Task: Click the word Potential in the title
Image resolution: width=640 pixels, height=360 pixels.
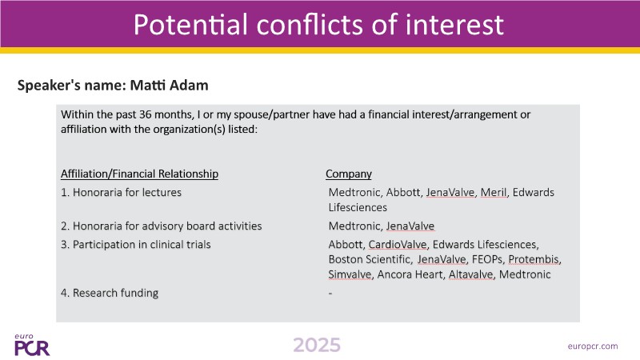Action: [x=190, y=24]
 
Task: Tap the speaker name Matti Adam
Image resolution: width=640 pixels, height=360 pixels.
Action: [x=169, y=86]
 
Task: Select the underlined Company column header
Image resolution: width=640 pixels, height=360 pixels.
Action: [x=349, y=174]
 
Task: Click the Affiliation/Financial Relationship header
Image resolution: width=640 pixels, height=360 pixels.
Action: [x=139, y=174]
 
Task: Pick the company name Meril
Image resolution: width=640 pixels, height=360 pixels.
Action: [x=494, y=192]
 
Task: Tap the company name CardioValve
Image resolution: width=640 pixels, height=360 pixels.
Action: [x=398, y=245]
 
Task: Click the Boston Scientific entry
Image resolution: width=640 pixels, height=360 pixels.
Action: [x=370, y=259]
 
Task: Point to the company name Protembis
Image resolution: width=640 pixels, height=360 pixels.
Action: [x=534, y=259]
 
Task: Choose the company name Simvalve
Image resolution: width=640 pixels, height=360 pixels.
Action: [x=350, y=274]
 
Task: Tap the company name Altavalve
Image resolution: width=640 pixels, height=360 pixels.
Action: [x=470, y=274]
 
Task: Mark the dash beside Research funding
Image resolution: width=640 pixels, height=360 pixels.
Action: [x=330, y=294]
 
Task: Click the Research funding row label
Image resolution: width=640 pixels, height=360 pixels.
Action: [x=115, y=293]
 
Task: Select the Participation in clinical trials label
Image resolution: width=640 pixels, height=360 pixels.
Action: [x=142, y=245]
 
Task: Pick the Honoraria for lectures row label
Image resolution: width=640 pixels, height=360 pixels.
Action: [x=127, y=192]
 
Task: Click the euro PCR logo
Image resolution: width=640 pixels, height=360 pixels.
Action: [x=32, y=346]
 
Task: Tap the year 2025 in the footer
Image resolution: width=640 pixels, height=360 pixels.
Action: [x=317, y=346]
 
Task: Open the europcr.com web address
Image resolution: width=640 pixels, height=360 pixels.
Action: [x=593, y=346]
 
